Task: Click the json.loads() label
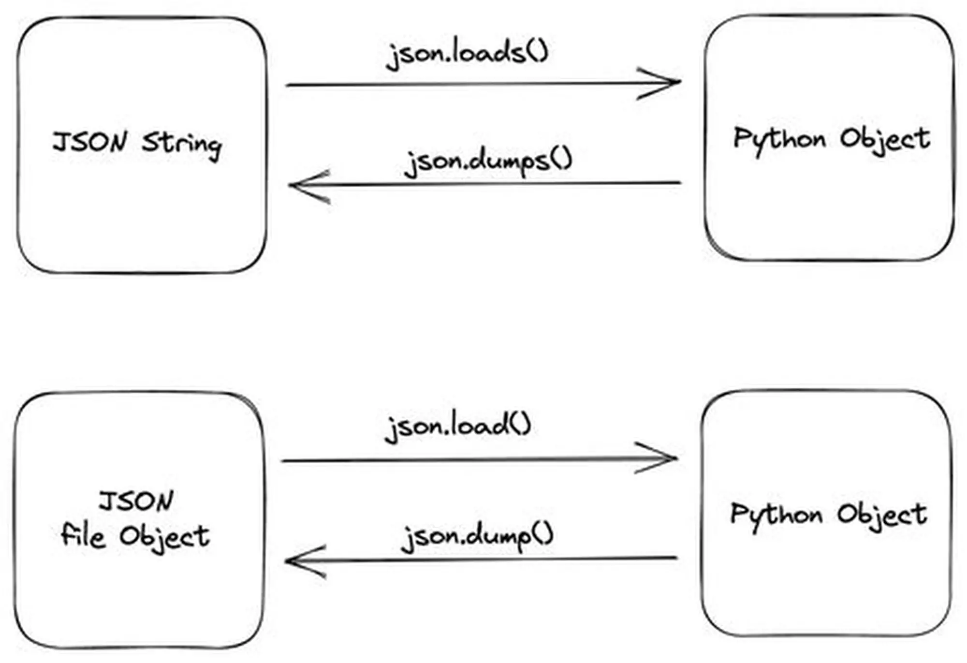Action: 467,53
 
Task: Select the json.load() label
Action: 457,427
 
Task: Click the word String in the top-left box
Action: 182,144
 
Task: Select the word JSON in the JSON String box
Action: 90,142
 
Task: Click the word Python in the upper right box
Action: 779,140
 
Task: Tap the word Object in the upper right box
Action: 885,140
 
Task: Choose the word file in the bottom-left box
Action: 83,536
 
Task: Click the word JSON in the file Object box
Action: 136,501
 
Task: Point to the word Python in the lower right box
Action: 777,515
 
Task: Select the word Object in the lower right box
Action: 882,516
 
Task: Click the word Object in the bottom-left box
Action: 165,537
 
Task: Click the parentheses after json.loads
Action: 537,51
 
